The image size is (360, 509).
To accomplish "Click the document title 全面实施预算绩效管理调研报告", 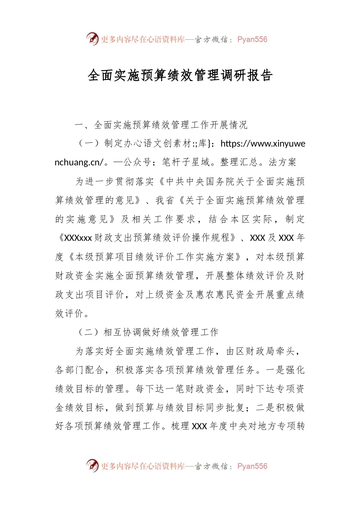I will coord(180,75).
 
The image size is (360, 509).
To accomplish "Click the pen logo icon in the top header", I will coord(92,39).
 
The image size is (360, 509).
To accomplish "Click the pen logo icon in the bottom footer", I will coord(92,465).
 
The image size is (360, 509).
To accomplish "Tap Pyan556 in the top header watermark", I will coord(252,39).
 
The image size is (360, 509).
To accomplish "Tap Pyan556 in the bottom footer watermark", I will coord(252,466).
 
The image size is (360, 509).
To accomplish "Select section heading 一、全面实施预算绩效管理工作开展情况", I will coord(161,125).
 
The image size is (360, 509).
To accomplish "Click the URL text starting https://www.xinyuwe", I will coord(262,144).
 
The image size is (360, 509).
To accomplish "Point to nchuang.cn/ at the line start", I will coord(79,162).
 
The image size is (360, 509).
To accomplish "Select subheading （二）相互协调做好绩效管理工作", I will coord(147,332).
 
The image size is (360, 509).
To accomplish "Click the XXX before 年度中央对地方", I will coord(199,426).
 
